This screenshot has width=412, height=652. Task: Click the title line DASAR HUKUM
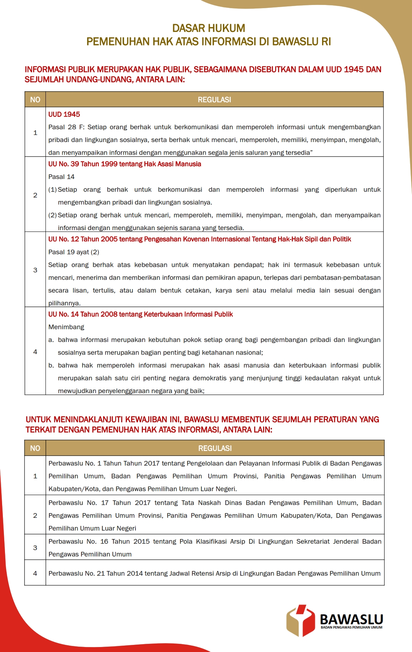click(x=209, y=28)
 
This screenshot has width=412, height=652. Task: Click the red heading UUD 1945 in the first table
click(x=64, y=114)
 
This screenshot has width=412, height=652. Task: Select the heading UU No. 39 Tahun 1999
click(x=124, y=164)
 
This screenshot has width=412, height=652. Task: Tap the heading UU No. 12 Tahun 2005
click(x=199, y=239)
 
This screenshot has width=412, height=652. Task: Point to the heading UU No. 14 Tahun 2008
click(x=140, y=314)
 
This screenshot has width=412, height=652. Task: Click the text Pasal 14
click(x=61, y=177)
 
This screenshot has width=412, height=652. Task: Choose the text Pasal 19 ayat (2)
click(x=74, y=252)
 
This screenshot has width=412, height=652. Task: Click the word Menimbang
click(x=66, y=327)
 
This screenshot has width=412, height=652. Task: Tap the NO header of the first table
click(x=35, y=100)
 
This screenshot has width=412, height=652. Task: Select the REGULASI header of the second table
click(x=215, y=448)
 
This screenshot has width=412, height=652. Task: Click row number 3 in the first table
click(x=35, y=270)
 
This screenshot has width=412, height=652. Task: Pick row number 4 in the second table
click(x=35, y=573)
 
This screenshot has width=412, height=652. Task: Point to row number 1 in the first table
click(x=35, y=133)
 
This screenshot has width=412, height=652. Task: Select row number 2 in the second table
click(x=35, y=515)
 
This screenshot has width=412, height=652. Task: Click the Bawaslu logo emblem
click(x=301, y=621)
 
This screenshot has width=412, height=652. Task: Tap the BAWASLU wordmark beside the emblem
click(x=351, y=619)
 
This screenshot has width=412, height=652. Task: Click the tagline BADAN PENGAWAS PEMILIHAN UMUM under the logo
click(x=351, y=627)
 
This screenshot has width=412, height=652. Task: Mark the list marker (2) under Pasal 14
click(x=52, y=215)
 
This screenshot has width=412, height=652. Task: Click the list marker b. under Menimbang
click(x=51, y=365)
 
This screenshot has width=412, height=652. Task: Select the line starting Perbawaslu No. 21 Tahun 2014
click(x=214, y=574)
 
